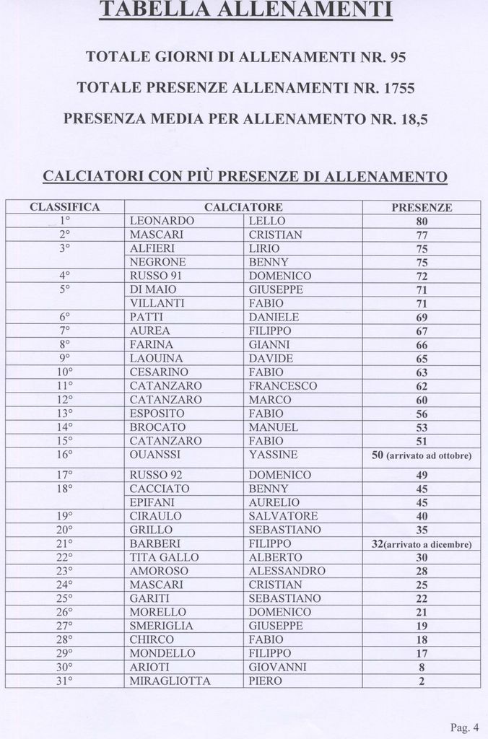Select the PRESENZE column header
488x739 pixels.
click(422, 207)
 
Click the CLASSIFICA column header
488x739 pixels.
click(64, 207)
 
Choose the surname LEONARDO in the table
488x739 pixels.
click(162, 221)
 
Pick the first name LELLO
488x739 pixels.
click(267, 221)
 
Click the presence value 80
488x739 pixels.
click(422, 222)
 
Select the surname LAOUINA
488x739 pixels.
click(156, 359)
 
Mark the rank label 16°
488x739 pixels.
click(64, 455)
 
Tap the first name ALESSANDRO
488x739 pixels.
click(287, 571)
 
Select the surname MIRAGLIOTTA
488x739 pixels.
click(170, 681)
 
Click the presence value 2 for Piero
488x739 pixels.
click(422, 681)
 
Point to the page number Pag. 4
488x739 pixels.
click(464, 726)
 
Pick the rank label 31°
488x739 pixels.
click(64, 681)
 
